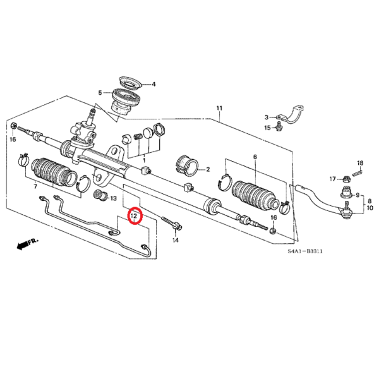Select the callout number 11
[x=219, y=108]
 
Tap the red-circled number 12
[x=135, y=217]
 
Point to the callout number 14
[x=176, y=241]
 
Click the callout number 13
[x=114, y=198]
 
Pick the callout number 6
[x=255, y=157]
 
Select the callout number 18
[x=360, y=162]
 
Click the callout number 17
[x=332, y=179]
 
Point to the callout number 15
[x=267, y=128]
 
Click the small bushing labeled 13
[x=99, y=194]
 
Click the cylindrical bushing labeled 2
[x=188, y=164]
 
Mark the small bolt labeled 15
[x=279, y=128]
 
